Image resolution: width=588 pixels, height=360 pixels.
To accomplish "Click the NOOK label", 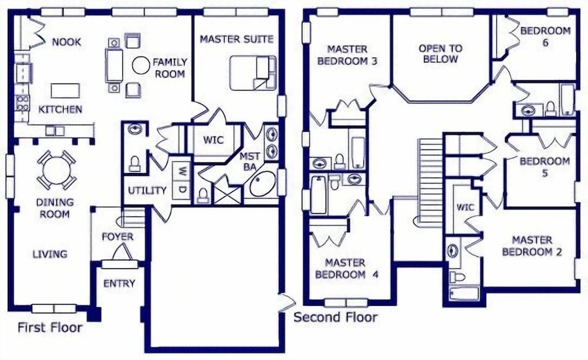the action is (66, 42).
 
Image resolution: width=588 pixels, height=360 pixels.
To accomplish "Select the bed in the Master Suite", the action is (253, 73).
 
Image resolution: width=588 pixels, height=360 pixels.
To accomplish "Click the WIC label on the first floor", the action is (213, 140).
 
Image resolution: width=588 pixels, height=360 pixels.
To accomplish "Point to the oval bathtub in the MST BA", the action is (262, 184).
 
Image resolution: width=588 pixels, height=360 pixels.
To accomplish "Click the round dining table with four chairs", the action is (56, 170).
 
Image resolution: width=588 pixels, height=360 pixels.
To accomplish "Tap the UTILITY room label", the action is (147, 191).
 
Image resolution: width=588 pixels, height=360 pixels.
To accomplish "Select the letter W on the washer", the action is (182, 172).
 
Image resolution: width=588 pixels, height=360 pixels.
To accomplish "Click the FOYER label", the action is (118, 236).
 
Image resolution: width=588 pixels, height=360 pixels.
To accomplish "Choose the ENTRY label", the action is (119, 284).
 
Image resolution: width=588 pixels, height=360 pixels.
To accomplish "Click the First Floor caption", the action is (50, 328).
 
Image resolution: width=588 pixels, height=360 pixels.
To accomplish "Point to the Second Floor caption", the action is (335, 317).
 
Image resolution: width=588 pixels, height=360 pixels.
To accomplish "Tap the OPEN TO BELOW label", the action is (440, 54).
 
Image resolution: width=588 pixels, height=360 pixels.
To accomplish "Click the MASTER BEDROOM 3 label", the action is (347, 55).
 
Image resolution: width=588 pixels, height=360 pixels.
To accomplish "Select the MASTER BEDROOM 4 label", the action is (346, 268).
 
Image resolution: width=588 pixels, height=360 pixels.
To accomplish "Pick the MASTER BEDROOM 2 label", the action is (532, 246).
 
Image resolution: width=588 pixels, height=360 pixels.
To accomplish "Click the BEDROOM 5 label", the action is (544, 167).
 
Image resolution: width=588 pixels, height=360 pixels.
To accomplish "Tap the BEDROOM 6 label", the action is (545, 36).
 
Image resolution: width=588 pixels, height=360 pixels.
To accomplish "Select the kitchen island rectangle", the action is (65, 91).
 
